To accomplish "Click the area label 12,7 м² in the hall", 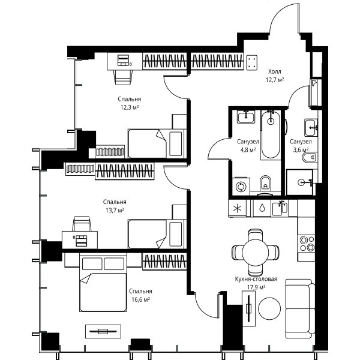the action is (275, 80).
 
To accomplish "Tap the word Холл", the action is (275, 71).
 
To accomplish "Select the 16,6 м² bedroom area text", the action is (140, 299).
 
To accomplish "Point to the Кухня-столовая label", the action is (256, 279).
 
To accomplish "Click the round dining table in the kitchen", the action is (255, 253).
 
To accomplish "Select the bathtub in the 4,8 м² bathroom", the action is (271, 135).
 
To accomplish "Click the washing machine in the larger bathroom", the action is (241, 186).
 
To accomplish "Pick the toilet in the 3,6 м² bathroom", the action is (310, 158).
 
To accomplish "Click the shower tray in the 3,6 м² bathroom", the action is (300, 182).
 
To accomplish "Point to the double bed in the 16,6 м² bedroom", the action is (103, 282).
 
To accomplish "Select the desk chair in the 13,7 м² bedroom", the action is (82, 224).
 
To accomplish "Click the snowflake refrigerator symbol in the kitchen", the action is (237, 208).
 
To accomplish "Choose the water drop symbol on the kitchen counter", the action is (262, 208).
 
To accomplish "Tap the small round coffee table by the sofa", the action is (269, 309).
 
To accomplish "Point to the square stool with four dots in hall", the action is (251, 62).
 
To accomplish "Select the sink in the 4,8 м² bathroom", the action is (246, 117).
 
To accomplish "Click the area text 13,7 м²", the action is (115, 211).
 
